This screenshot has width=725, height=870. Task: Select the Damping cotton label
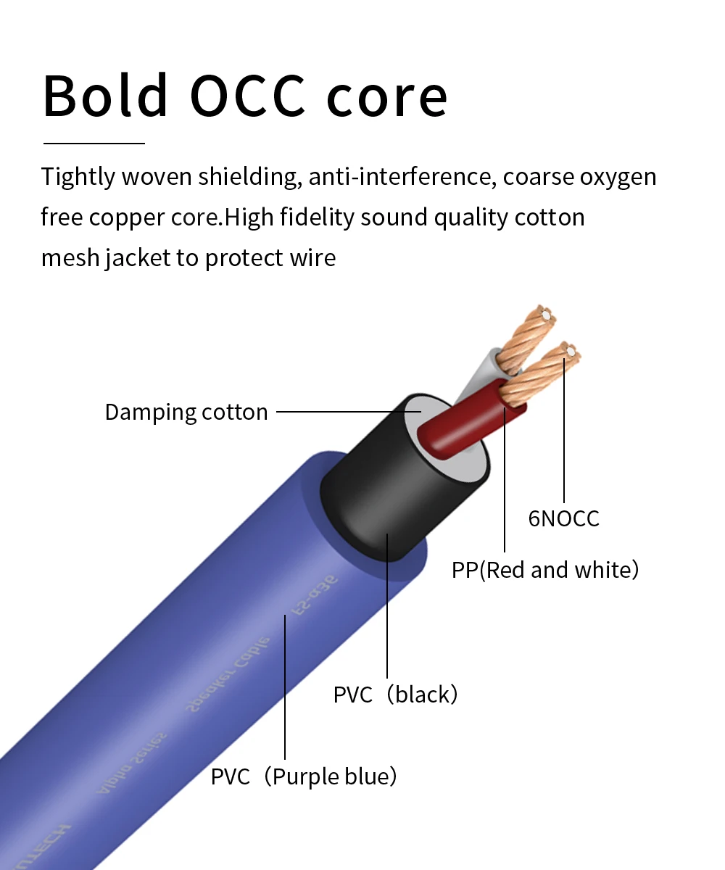point(186,412)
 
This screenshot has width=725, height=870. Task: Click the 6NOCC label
point(563,518)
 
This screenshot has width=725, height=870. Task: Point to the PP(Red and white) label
point(545,570)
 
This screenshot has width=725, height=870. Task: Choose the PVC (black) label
point(396,695)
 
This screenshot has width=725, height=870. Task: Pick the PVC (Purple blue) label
point(304,777)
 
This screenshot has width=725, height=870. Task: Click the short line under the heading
point(94,144)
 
